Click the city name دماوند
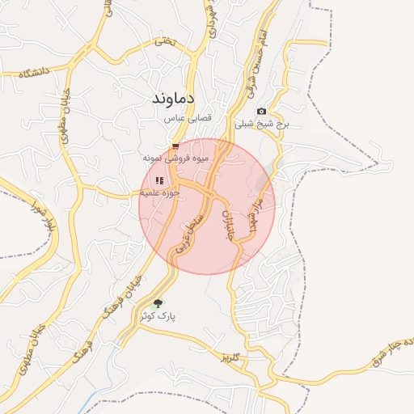click(x=180, y=99)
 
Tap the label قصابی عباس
click(x=188, y=119)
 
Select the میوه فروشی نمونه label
click(x=175, y=158)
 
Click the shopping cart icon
click(x=175, y=147)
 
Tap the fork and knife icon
click(x=159, y=181)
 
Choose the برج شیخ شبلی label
click(x=261, y=125)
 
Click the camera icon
click(x=260, y=112)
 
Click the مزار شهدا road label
click(x=253, y=212)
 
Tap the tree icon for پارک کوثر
click(x=157, y=303)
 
